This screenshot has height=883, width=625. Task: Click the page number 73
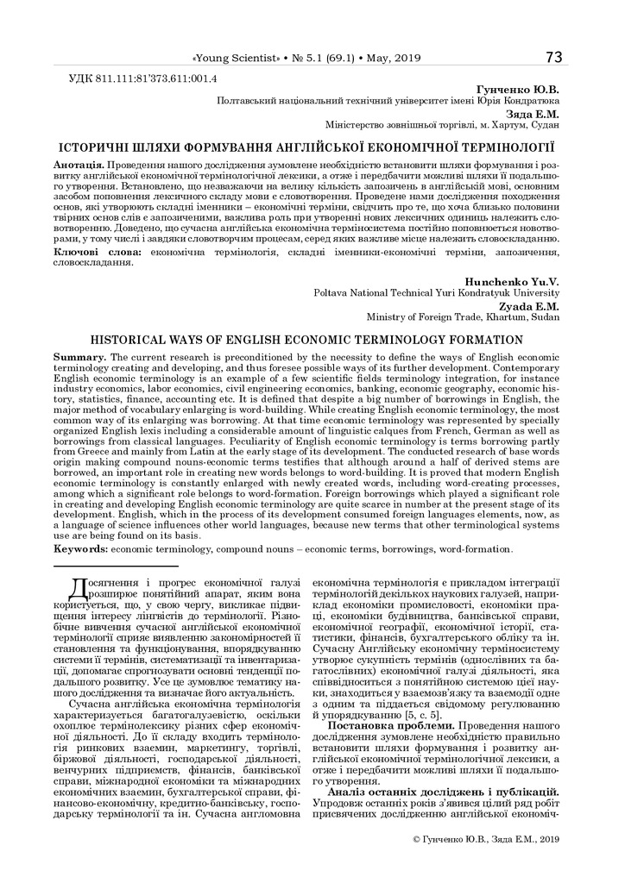coord(553,57)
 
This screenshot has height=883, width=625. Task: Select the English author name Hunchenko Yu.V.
coord(512,282)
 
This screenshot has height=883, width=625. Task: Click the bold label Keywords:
coord(83,548)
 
